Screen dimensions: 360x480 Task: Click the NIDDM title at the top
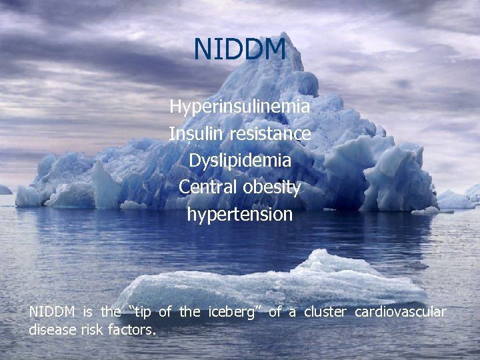(x=240, y=49)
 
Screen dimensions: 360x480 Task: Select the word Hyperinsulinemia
(x=239, y=106)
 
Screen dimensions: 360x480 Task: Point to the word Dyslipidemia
(x=240, y=161)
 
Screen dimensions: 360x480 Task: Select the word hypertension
(x=240, y=215)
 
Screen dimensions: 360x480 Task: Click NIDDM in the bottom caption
(x=53, y=312)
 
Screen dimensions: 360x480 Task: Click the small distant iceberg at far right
(x=456, y=199)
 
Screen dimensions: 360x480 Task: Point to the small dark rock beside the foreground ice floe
(x=417, y=265)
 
